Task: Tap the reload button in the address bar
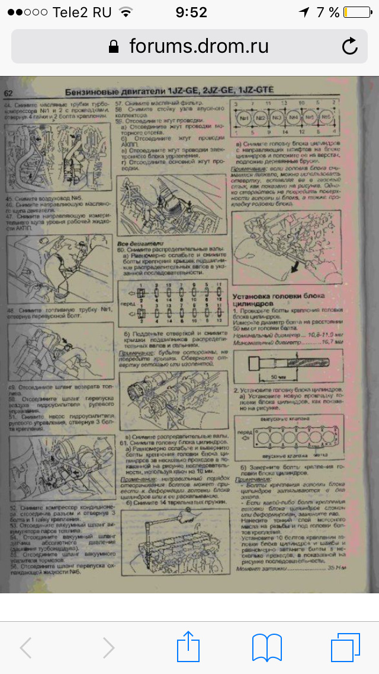coord(350,46)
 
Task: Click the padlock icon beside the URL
coord(115,46)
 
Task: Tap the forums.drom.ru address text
coord(199,46)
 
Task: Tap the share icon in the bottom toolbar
coord(188,647)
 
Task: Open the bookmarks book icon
coord(266,647)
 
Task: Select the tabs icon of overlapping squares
coord(345,647)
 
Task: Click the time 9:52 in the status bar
coord(191,12)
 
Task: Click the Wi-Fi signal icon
coord(126,12)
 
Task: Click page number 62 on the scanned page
coord(8,93)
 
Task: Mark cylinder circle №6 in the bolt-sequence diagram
coord(325,117)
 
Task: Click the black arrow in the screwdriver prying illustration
coord(292,271)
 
